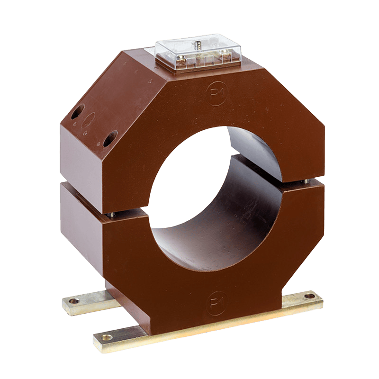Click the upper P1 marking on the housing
pos(217,94)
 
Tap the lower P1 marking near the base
pos(217,303)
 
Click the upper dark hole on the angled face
pos(78,111)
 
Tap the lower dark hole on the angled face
pos(110,138)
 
